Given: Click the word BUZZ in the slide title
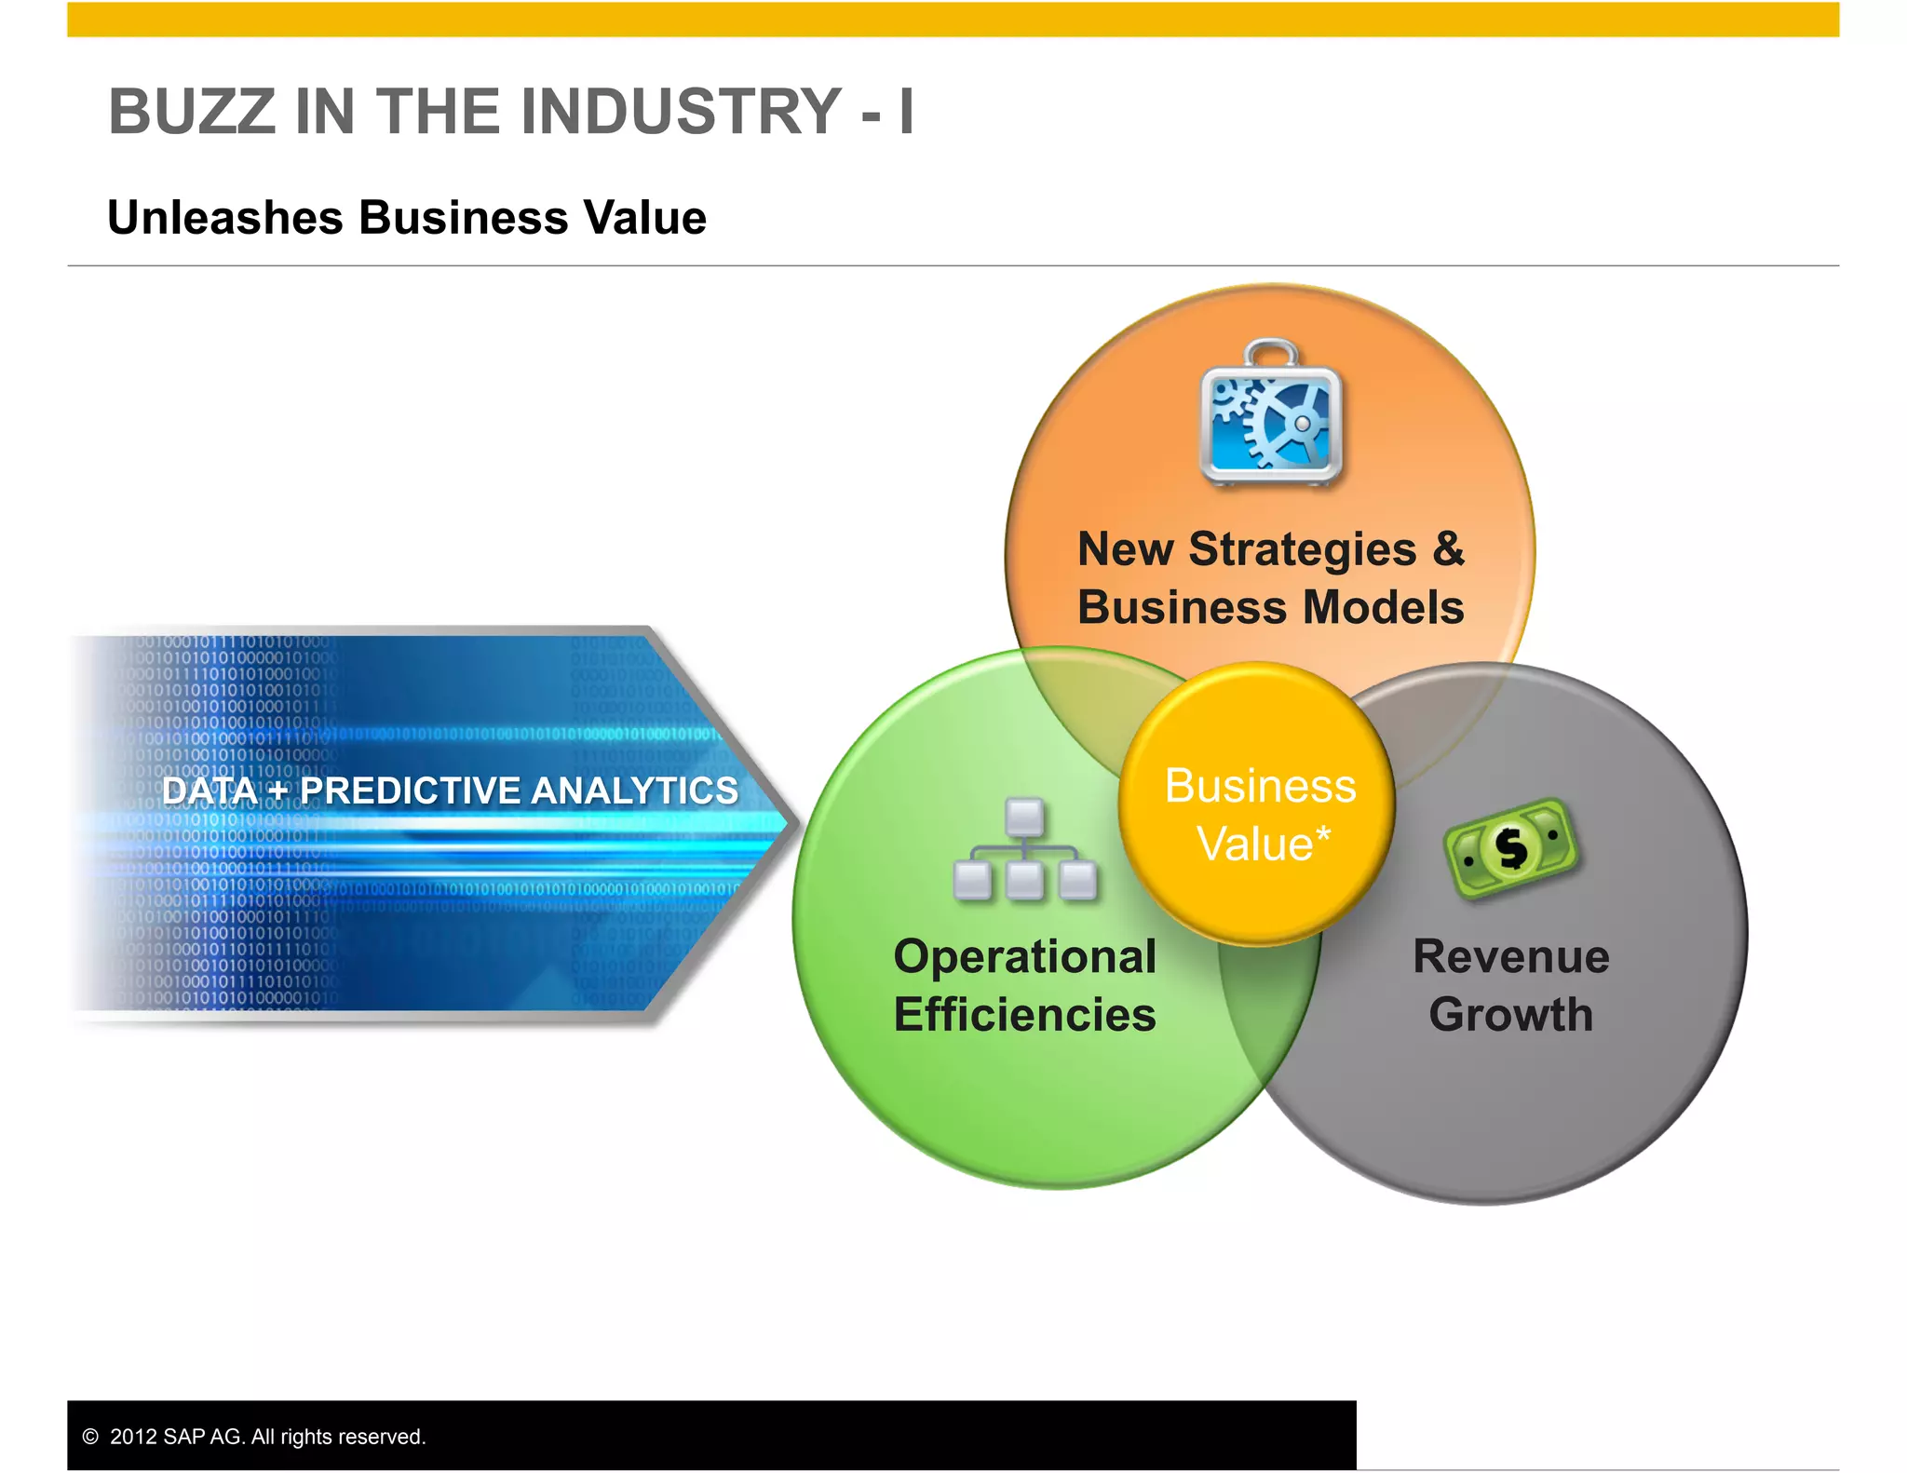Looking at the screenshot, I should pyautogui.click(x=192, y=112).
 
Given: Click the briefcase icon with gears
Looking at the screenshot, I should pyautogui.click(x=1271, y=415).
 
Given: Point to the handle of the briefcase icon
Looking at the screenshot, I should pyautogui.click(x=1271, y=352).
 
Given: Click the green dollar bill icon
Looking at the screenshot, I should pyautogui.click(x=1510, y=848).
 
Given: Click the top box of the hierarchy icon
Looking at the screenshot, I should pyautogui.click(x=1025, y=817).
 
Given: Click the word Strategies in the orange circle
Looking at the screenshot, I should pyautogui.click(x=1303, y=549).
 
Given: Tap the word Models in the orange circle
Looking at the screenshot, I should pyautogui.click(x=1384, y=607).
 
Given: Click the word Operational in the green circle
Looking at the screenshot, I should pyautogui.click(x=1025, y=957).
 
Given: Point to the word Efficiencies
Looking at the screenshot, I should pyautogui.click(x=1025, y=1015).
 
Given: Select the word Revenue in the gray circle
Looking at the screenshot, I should pyautogui.click(x=1510, y=957).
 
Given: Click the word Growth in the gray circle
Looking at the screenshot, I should pyautogui.click(x=1510, y=1015).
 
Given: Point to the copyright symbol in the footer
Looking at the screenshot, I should pyautogui.click(x=90, y=1437).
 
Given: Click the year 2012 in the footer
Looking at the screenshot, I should pyautogui.click(x=133, y=1437).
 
